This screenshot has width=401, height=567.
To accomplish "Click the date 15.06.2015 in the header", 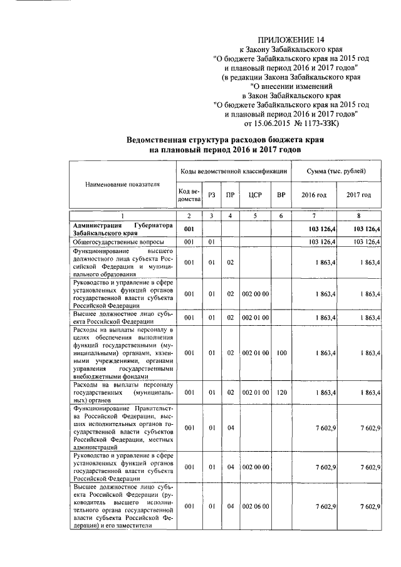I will (x=271, y=123).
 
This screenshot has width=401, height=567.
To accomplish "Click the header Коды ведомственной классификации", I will (x=233, y=171).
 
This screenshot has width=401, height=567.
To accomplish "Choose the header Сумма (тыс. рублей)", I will (x=336, y=171).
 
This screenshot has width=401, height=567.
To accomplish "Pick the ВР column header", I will (x=281, y=195).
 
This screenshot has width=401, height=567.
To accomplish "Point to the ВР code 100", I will (x=281, y=353).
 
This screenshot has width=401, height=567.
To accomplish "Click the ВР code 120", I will (x=281, y=392).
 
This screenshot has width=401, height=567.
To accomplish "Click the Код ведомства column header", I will (x=189, y=195).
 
